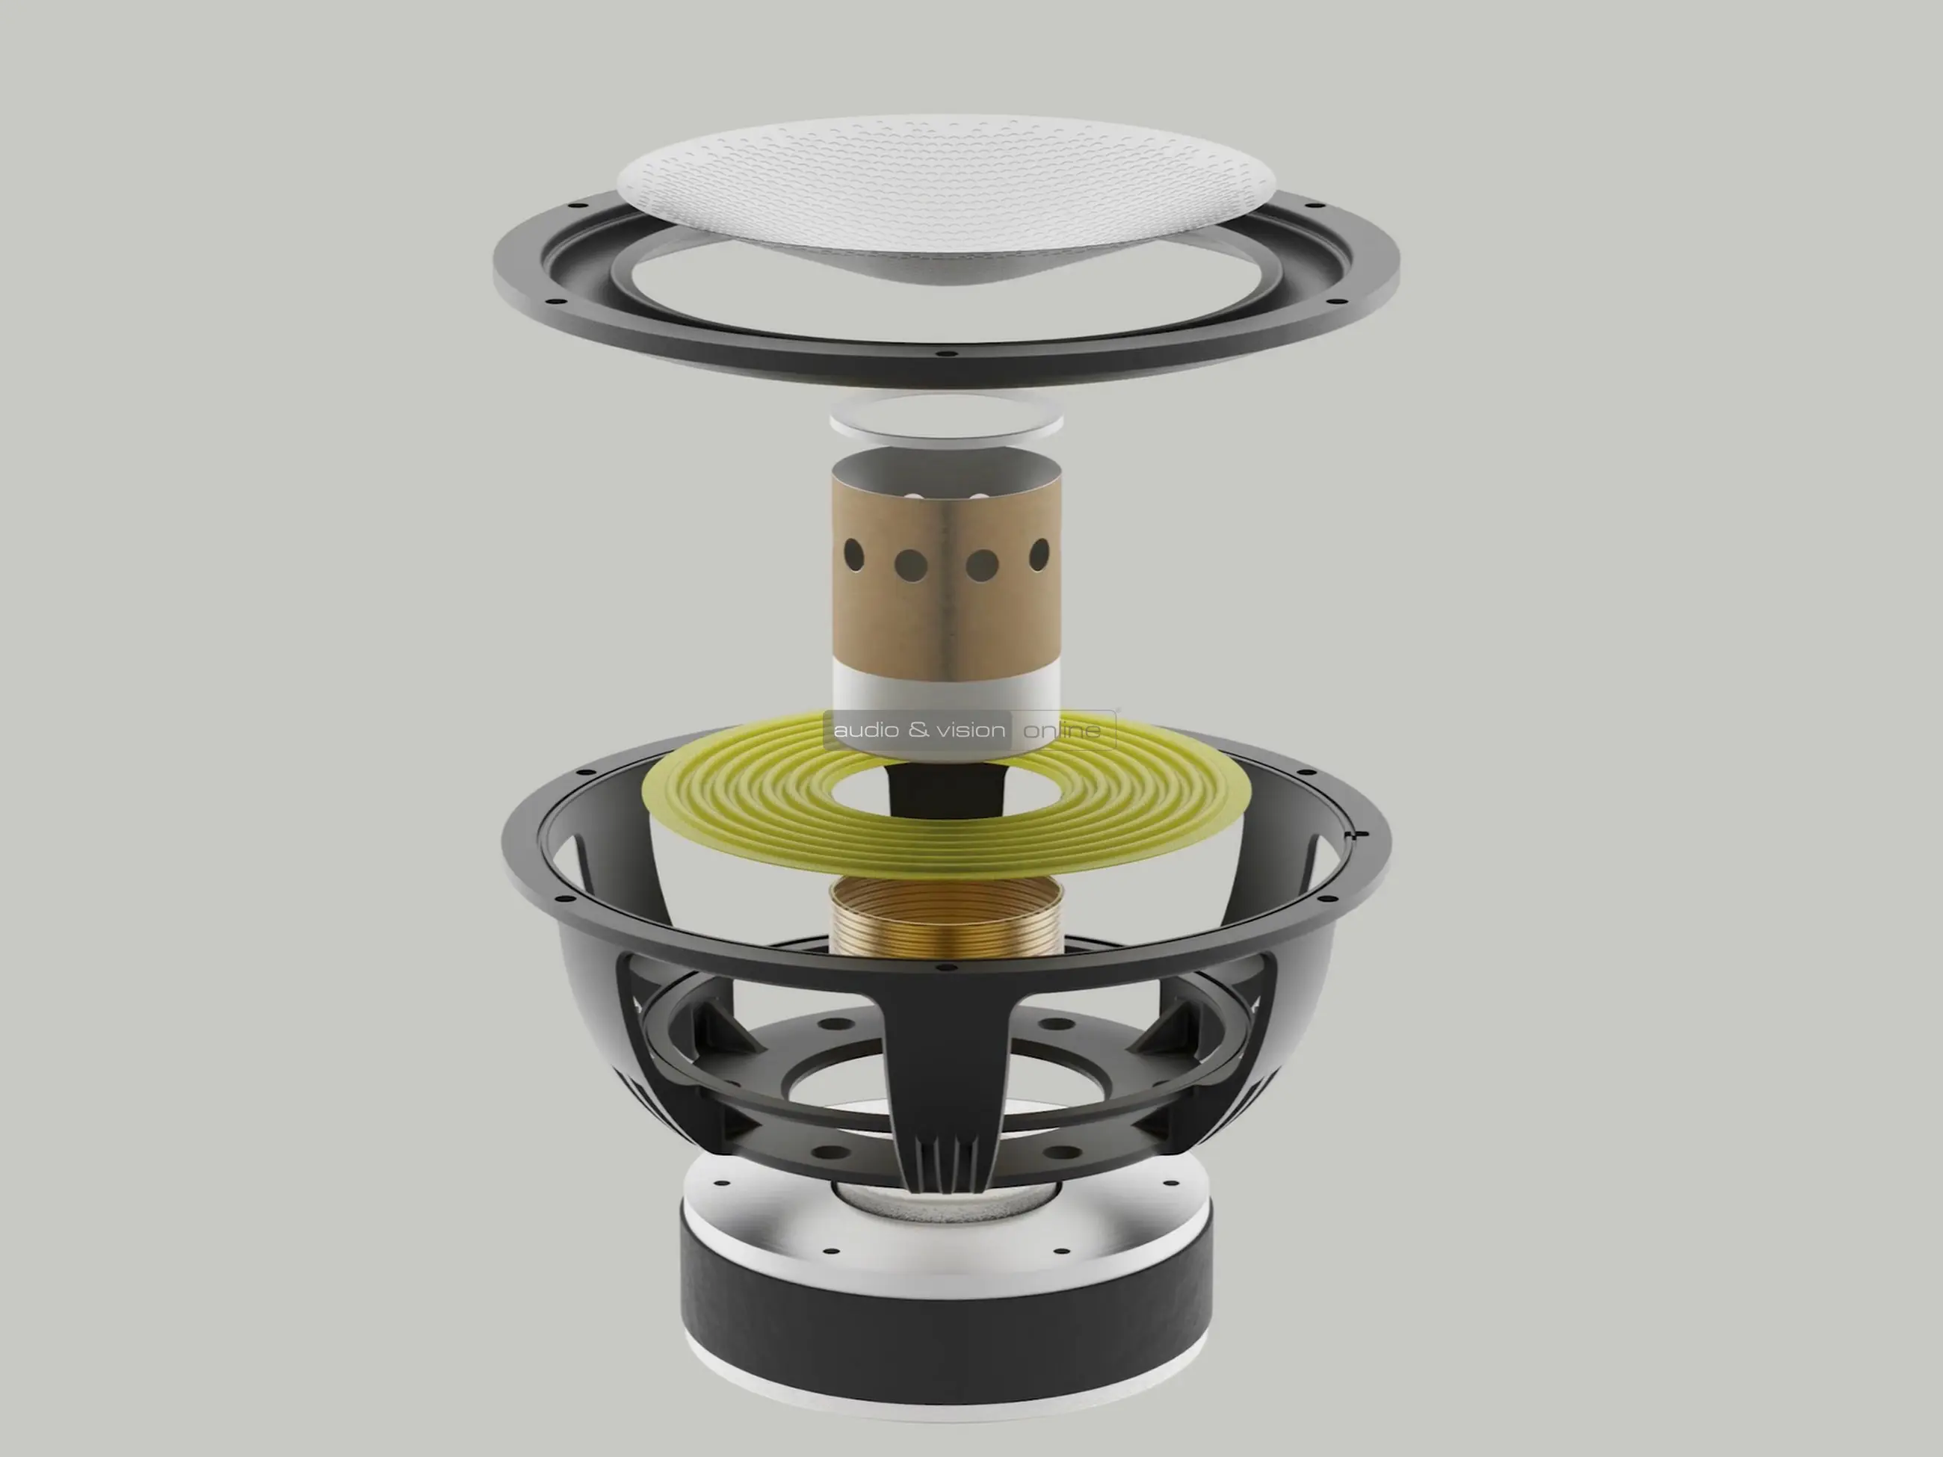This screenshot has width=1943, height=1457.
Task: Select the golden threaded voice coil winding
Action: tap(946, 918)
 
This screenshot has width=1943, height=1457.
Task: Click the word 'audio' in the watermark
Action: tap(866, 729)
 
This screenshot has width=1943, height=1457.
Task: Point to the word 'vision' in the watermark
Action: tap(971, 729)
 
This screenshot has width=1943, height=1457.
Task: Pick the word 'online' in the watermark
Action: tap(1062, 730)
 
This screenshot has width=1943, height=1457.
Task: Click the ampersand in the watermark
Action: tap(918, 729)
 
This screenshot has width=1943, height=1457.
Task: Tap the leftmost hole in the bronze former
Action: tap(853, 554)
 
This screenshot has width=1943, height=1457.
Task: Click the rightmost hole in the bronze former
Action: tap(1040, 554)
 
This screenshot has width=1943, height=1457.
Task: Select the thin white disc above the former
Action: tap(946, 416)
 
